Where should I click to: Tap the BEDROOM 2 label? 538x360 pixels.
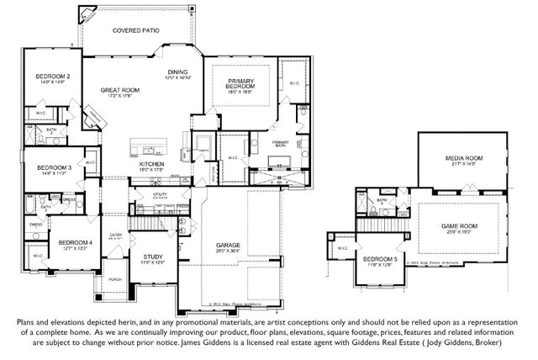coord(52,77)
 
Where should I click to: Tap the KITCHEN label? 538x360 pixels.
coord(163,164)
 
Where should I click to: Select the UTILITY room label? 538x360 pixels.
coord(160,195)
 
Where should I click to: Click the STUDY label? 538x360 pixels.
coord(152,257)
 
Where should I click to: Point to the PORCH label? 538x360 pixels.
coord(115,279)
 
